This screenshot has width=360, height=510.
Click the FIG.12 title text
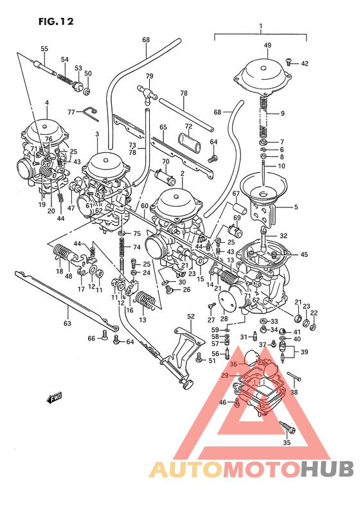click(56, 21)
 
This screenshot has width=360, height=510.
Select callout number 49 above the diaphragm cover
click(267, 45)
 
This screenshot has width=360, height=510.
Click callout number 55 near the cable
click(44, 49)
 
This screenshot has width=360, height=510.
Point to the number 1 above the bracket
click(260, 27)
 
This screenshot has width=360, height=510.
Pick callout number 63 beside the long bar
click(67, 323)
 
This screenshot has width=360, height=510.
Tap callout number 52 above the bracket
click(190, 316)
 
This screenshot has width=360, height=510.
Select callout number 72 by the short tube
click(188, 126)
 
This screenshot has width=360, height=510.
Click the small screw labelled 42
click(290, 62)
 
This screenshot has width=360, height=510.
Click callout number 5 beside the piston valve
click(296, 207)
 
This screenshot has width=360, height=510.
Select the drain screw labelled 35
click(287, 425)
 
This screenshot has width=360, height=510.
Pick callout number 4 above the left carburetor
click(46, 103)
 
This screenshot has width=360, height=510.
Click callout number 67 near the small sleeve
click(236, 194)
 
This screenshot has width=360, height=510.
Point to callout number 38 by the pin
click(294, 391)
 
